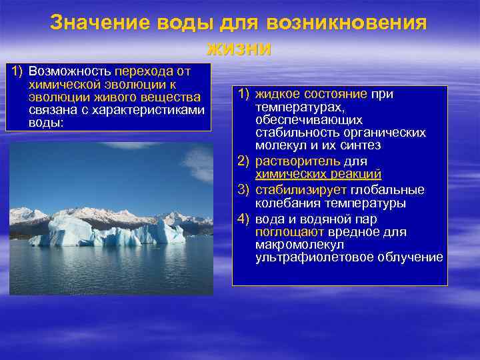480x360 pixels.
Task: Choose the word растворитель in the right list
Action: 297,161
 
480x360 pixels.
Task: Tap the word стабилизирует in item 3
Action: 301,190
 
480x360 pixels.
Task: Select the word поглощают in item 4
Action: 289,232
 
